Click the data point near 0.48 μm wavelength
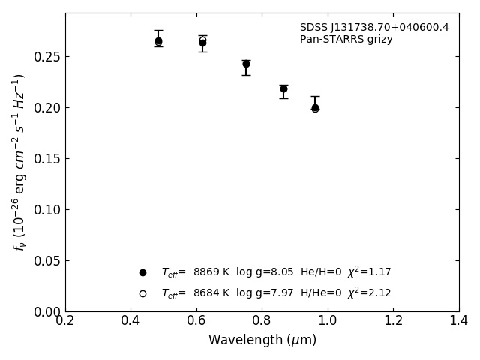tap(158, 42)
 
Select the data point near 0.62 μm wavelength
tap(202, 43)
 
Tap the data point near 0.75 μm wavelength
tap(246, 64)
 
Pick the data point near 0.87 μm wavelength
tap(283, 88)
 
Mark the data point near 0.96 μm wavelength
tap(315, 107)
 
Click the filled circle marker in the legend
tap(142, 272)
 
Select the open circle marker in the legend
tap(142, 293)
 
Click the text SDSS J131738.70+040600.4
tap(374, 28)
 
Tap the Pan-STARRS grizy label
tap(346, 40)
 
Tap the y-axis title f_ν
tap(19, 161)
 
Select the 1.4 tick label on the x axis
tap(458, 321)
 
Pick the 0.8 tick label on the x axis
tap(262, 321)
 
